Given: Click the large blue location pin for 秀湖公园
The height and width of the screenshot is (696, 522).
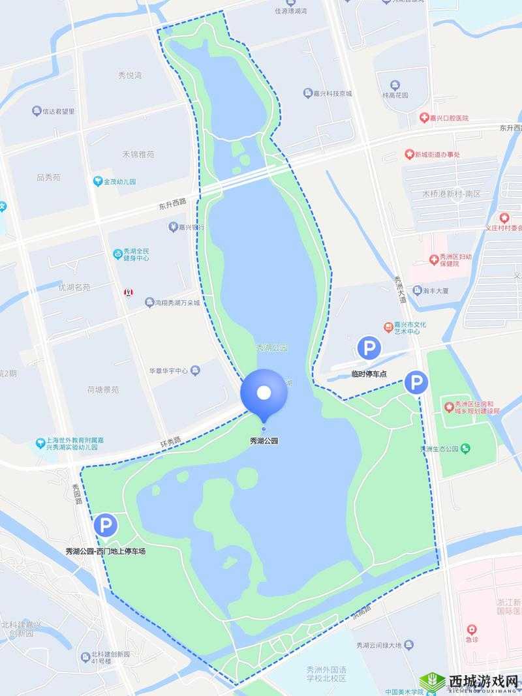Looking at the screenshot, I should coord(264,393).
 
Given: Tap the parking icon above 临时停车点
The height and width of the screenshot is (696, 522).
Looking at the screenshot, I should coord(369,348).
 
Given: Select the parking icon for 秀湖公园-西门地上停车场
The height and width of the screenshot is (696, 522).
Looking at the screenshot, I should coord(105,525).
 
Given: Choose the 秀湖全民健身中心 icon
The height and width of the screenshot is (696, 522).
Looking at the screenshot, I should coord(118,253).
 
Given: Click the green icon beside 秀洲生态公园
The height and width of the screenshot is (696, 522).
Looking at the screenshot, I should coord(465,448).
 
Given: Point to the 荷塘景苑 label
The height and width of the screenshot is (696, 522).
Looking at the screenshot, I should coord(103,390).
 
